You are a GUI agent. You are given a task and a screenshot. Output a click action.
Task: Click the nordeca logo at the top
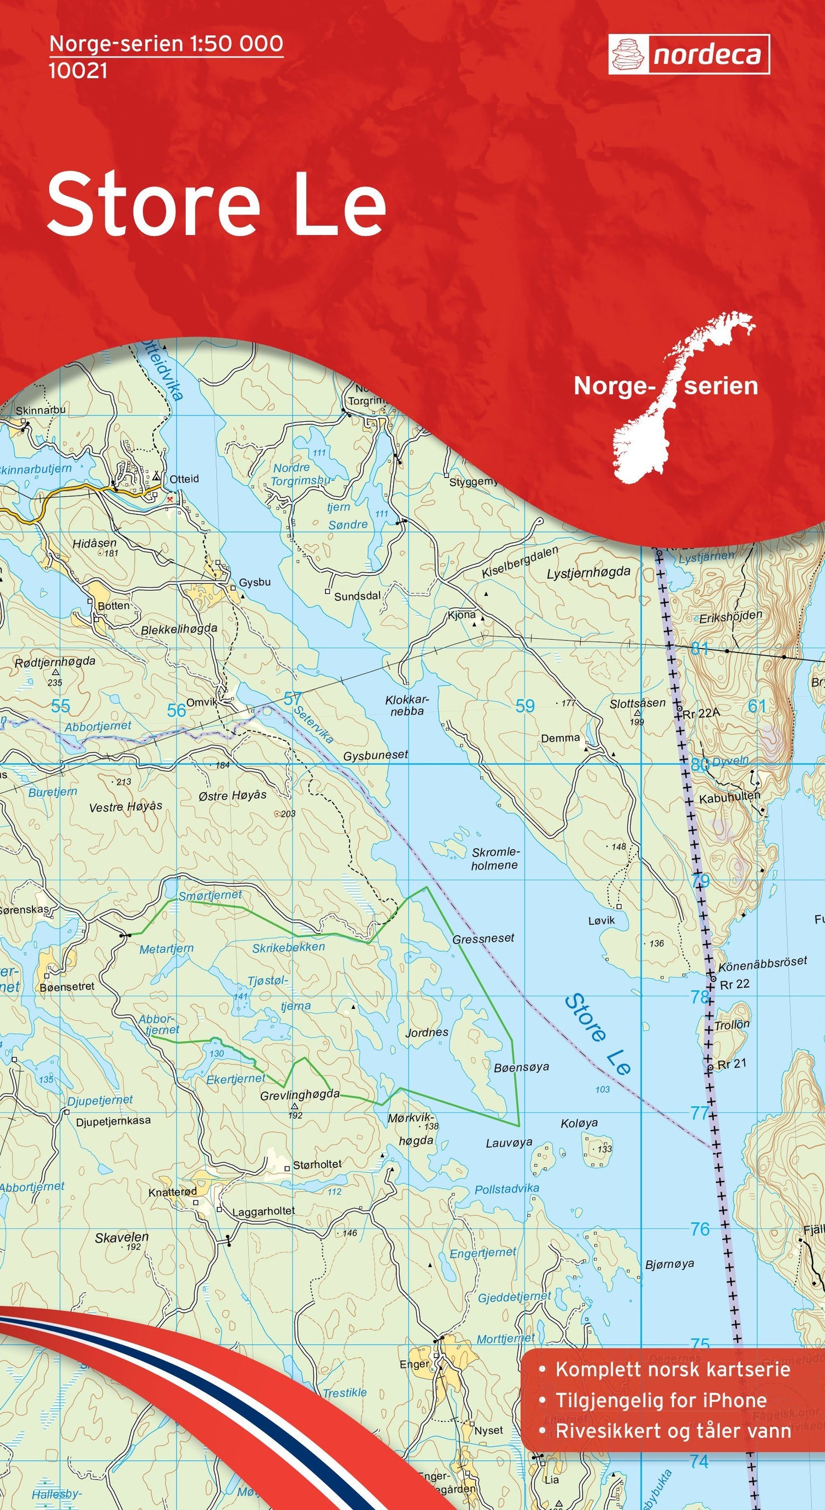coord(689,54)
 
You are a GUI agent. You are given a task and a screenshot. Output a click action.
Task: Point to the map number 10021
coord(78,71)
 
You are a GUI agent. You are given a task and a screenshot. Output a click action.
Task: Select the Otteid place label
coord(184,479)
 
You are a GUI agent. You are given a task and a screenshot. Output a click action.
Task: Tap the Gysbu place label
coord(255,583)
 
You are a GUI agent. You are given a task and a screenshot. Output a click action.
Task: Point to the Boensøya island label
coord(521,1066)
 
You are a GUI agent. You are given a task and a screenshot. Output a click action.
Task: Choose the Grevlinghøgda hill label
coord(300,1094)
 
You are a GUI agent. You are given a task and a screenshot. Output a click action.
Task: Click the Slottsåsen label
coord(637,703)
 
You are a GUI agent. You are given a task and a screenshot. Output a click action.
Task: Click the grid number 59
coord(525,706)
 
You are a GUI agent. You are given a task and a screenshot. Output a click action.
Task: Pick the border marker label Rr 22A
coord(701,713)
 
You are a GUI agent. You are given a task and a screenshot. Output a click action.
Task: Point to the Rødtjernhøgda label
coord(55,661)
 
